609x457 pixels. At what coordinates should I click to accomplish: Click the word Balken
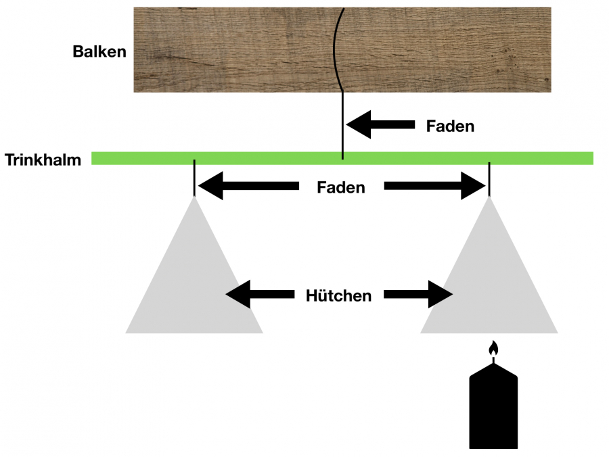point(99,51)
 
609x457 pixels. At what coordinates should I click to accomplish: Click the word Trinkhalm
point(43,160)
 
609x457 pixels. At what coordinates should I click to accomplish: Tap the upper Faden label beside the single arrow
point(450,126)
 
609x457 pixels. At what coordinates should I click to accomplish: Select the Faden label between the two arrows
point(341,187)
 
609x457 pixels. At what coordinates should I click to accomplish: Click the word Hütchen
point(338,295)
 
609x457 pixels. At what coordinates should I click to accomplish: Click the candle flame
point(494,349)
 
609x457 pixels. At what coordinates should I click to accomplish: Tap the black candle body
point(493,408)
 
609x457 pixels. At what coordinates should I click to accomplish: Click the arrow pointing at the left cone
point(260,294)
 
